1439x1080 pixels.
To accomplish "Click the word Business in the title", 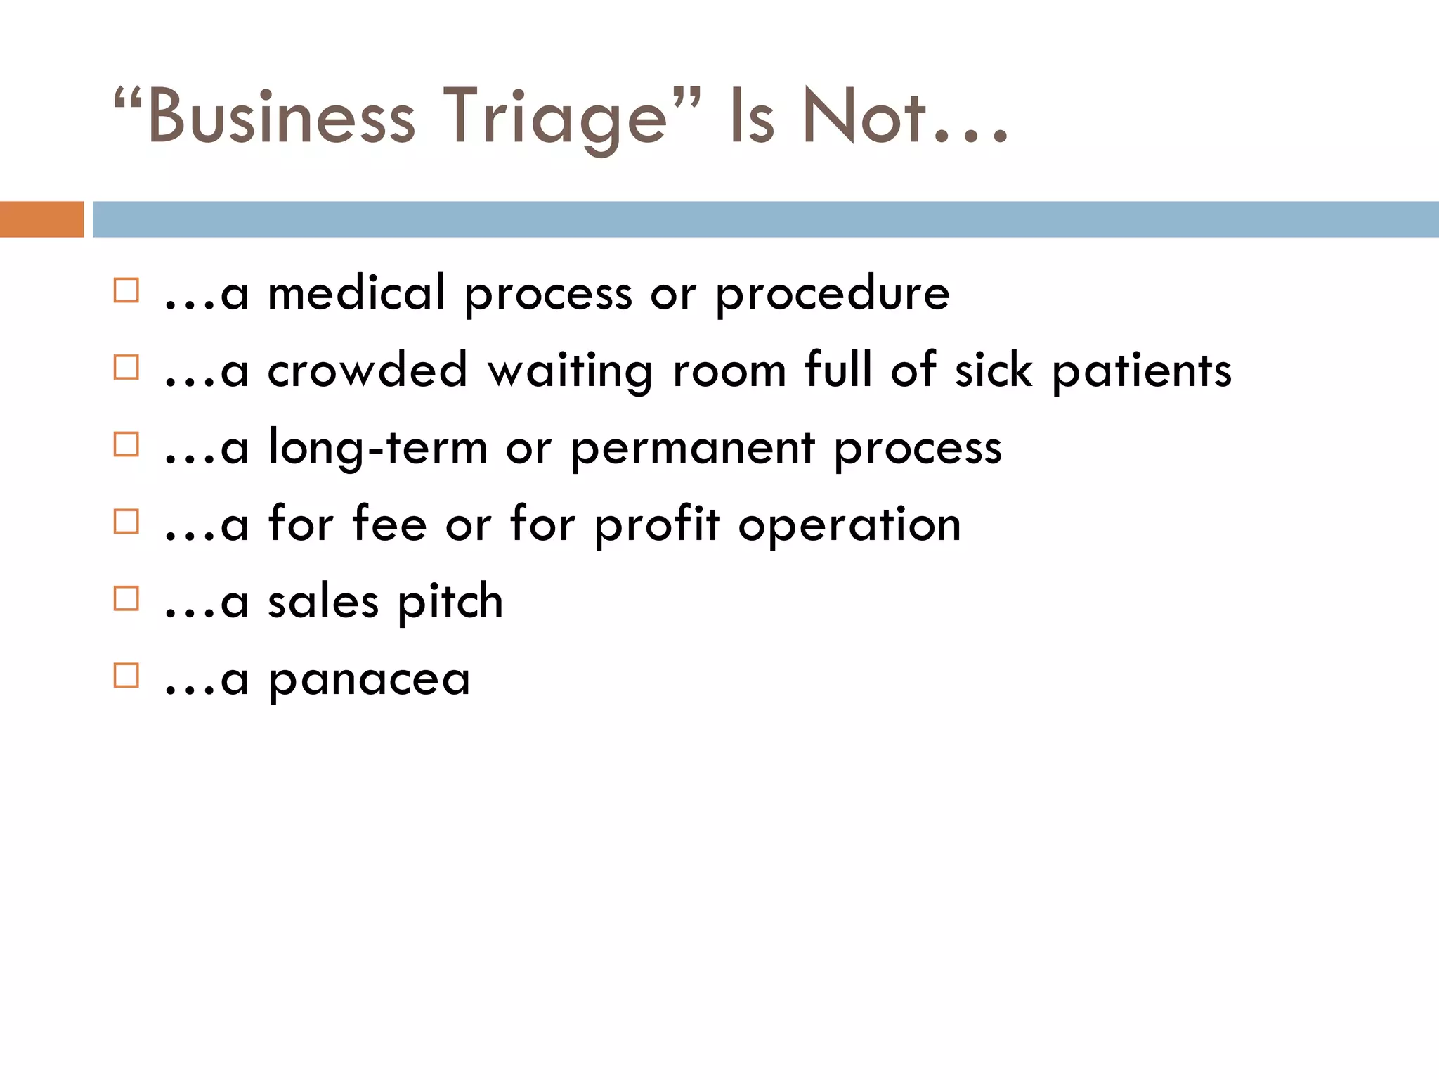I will [x=281, y=117].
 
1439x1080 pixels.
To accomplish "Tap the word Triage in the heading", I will [x=555, y=117].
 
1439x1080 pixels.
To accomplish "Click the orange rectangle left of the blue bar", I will [x=41, y=219].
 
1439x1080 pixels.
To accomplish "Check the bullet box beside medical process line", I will [x=126, y=290].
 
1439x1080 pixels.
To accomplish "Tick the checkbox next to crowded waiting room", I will [x=126, y=368].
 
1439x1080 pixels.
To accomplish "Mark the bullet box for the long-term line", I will [x=126, y=444].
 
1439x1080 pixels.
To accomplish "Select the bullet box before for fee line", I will [x=126, y=522].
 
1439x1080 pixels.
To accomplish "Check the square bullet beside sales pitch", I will [x=126, y=599].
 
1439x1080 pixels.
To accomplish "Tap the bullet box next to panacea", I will [x=126, y=676].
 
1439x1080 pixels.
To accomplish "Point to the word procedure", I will [x=833, y=294].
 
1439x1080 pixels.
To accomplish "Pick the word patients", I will [x=1142, y=371].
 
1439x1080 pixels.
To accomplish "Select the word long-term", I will [x=378, y=448].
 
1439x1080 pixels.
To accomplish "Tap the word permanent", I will [x=693, y=449].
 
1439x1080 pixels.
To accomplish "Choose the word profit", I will [x=658, y=525].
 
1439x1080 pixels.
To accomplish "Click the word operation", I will [x=849, y=525].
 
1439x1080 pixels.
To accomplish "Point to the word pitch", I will [x=450, y=603].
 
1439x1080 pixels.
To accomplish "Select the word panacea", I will [x=370, y=680].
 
